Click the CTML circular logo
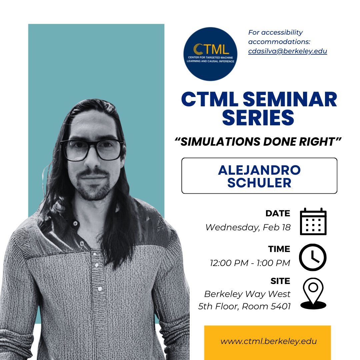point(210,54)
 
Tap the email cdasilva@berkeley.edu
point(287,51)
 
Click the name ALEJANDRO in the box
point(259,170)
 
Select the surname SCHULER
point(259,183)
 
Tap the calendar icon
point(313,221)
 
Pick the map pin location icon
point(313,293)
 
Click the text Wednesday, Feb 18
point(248,228)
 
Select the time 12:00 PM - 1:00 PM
point(250,263)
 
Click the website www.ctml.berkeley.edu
point(268,341)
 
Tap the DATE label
point(278,213)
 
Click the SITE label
point(280,281)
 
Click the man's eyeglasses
point(92,149)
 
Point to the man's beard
point(93,188)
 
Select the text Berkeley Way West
point(247,294)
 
